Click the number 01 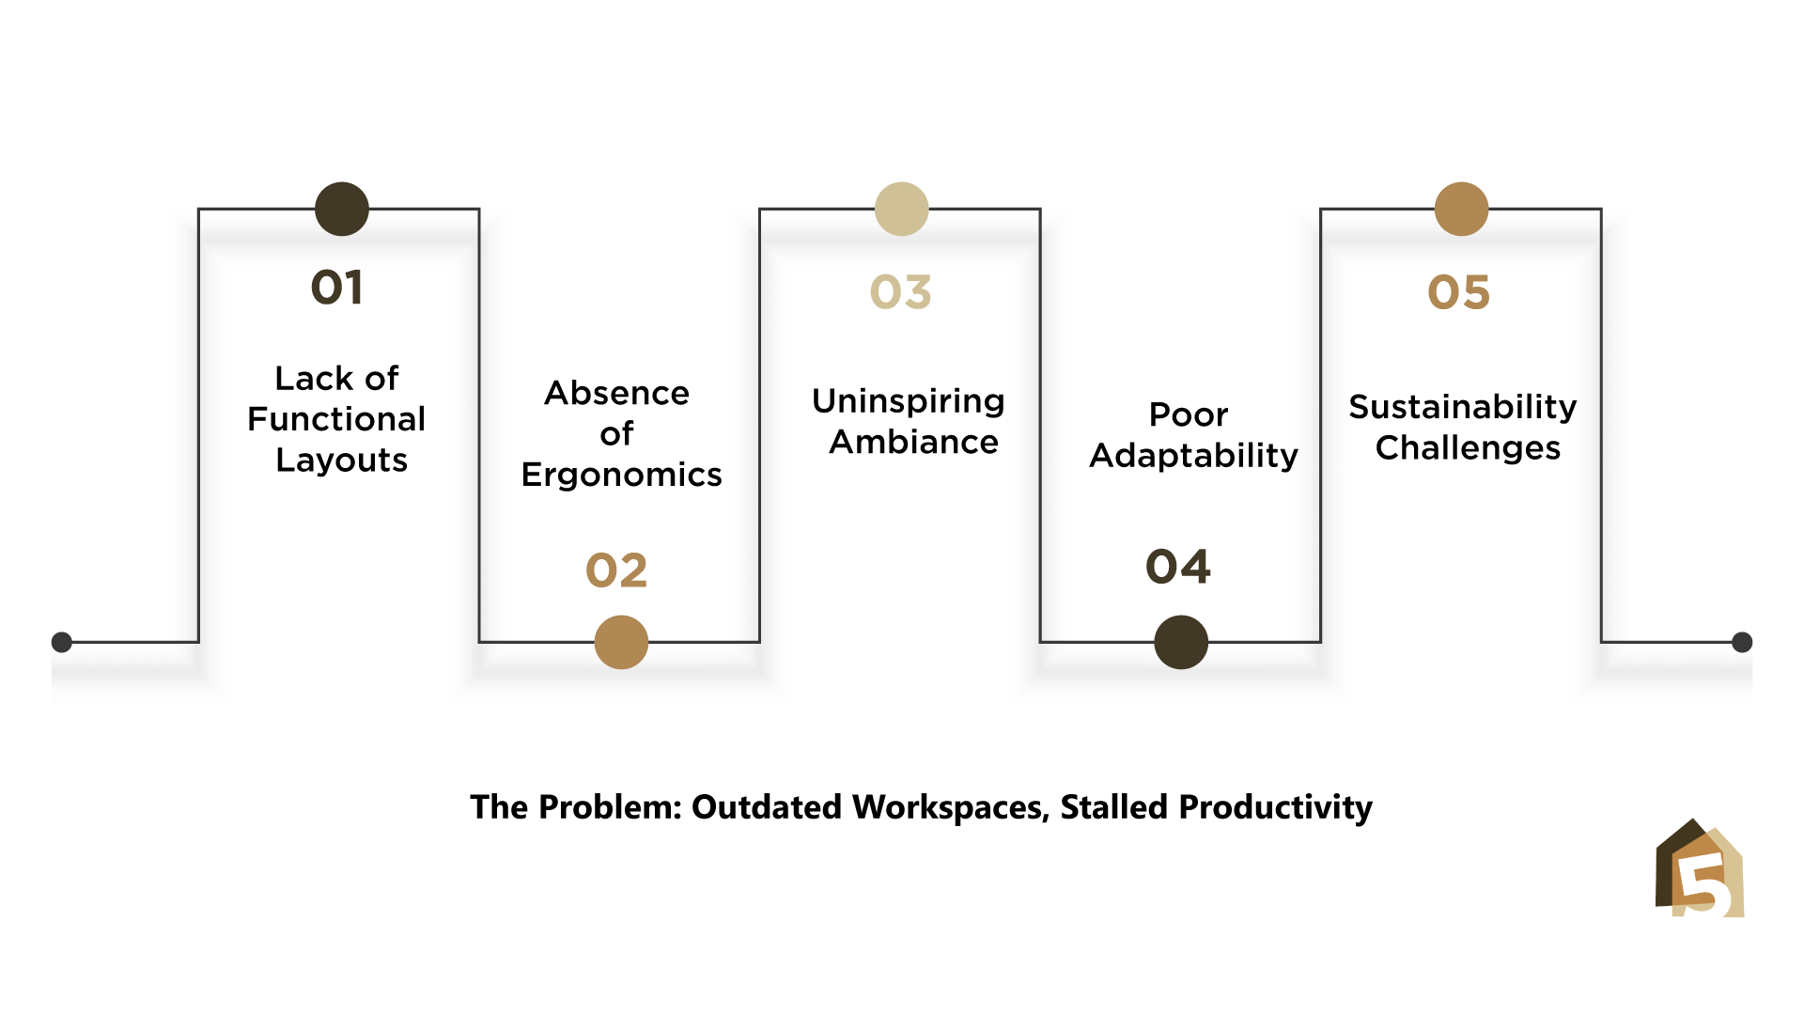tap(336, 288)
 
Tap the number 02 tap(616, 570)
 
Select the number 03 tap(900, 292)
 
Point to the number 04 tap(1178, 567)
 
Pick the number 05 tap(1458, 292)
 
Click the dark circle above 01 tap(342, 209)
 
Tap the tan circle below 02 tap(621, 642)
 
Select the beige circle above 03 tap(901, 209)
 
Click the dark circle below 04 tap(1181, 642)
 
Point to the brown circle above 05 tap(1461, 209)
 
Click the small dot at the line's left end tap(62, 642)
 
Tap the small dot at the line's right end tap(1742, 642)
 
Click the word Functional tap(336, 419)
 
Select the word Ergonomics tap(622, 476)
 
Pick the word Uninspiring tap(909, 402)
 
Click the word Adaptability tap(1194, 456)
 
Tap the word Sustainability tap(1463, 408)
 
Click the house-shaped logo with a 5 tap(1700, 867)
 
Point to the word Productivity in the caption tap(1276, 808)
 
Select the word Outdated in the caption tap(767, 807)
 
